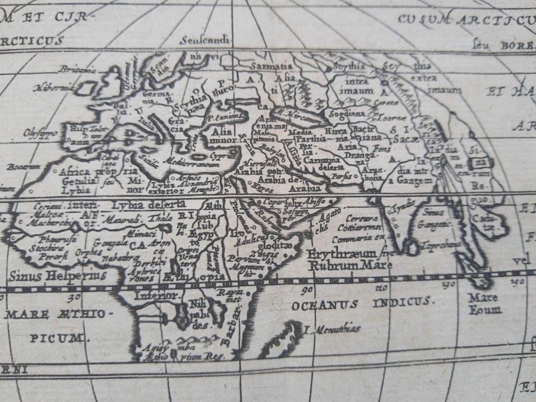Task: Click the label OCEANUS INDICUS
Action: (x=362, y=304)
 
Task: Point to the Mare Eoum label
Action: (x=484, y=303)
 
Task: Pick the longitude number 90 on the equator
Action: (x=307, y=291)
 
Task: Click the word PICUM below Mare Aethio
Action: (x=57, y=338)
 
